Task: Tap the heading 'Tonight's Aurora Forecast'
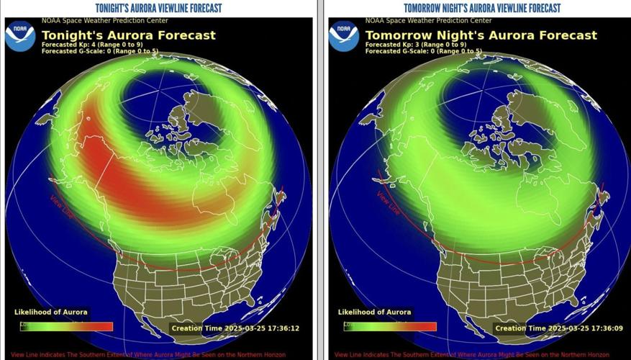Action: [x=129, y=35]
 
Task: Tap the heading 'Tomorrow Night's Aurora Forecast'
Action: [x=481, y=35]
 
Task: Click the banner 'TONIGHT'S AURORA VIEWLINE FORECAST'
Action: [x=158, y=8]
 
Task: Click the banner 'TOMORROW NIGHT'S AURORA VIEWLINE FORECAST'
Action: [x=482, y=8]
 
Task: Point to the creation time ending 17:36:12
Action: [x=235, y=328]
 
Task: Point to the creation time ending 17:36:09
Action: [x=559, y=328]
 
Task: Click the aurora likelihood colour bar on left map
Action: [x=67, y=326]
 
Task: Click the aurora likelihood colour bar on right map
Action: [x=391, y=326]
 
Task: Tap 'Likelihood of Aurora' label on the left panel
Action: [x=51, y=312]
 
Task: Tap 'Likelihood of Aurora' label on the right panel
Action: [x=375, y=312]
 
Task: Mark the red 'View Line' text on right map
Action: [x=388, y=202]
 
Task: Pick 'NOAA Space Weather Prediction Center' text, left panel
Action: [x=101, y=21]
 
